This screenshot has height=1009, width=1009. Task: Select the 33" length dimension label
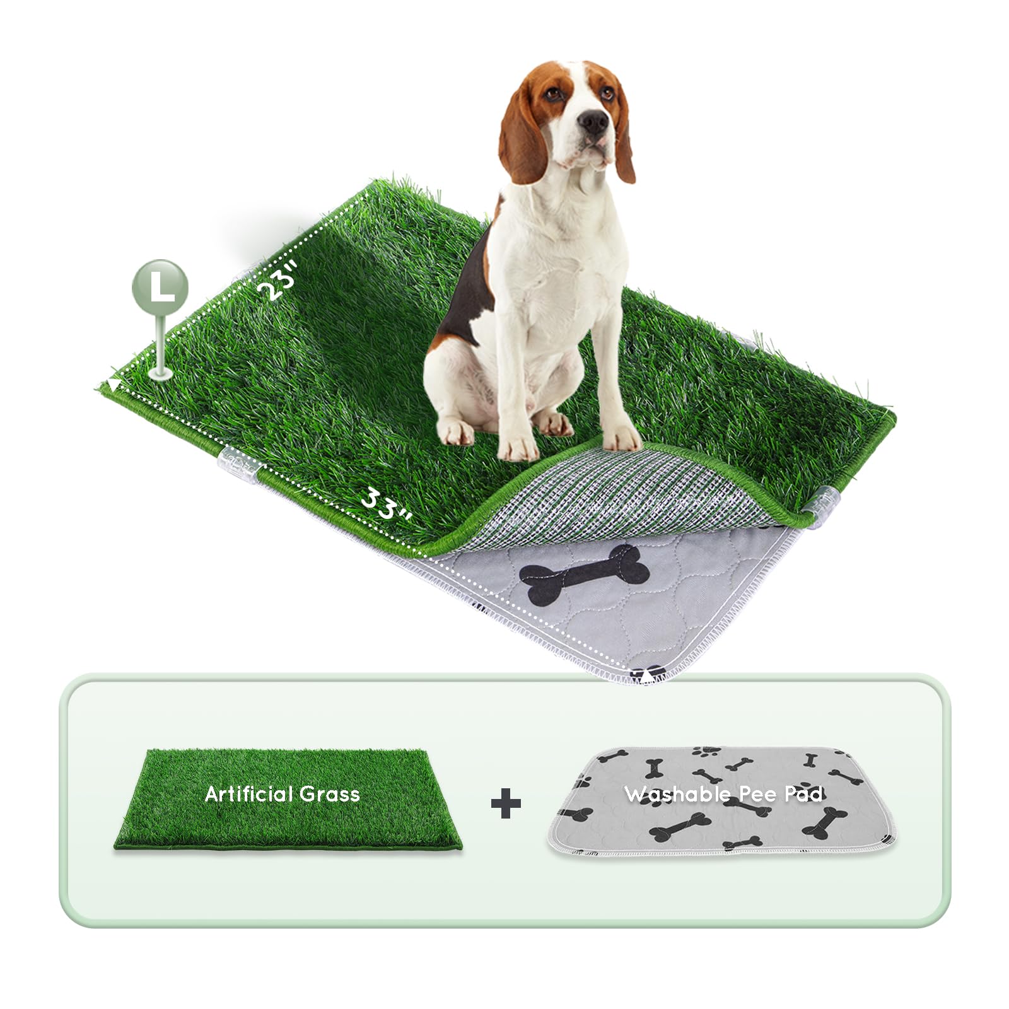tap(385, 505)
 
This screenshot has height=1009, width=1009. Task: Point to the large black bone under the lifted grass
tap(586, 574)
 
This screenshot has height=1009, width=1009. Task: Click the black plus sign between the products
tap(506, 803)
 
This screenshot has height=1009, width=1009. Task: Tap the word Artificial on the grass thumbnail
tap(249, 793)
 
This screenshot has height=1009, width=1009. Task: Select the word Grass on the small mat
tap(329, 793)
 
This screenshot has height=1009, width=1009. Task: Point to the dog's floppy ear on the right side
tap(623, 139)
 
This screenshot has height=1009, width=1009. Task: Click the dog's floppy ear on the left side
tap(522, 139)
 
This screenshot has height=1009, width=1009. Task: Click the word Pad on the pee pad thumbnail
tap(803, 793)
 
